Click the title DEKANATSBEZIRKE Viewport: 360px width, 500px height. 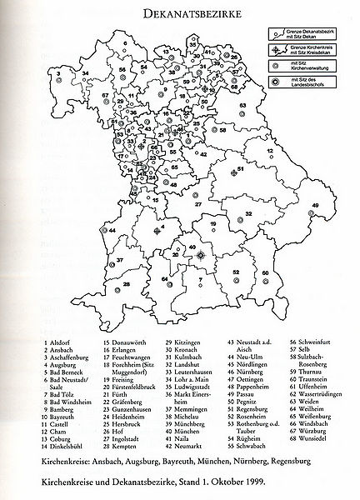click(180, 13)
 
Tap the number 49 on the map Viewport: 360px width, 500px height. click(315, 205)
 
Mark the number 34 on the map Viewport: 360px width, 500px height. click(86, 75)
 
